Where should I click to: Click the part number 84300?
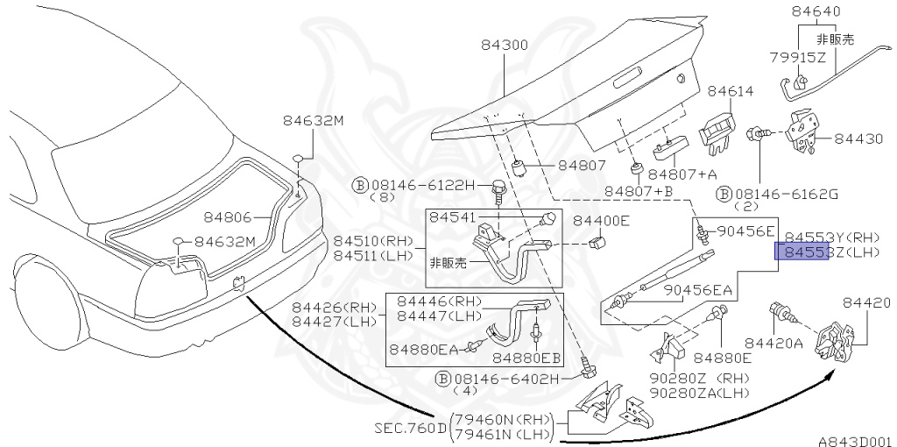[x=504, y=45]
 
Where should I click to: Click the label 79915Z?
[x=798, y=58]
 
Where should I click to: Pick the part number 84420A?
[x=773, y=343]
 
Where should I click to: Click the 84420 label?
[x=867, y=303]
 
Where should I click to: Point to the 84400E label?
[x=601, y=220]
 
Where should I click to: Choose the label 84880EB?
[x=526, y=358]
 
